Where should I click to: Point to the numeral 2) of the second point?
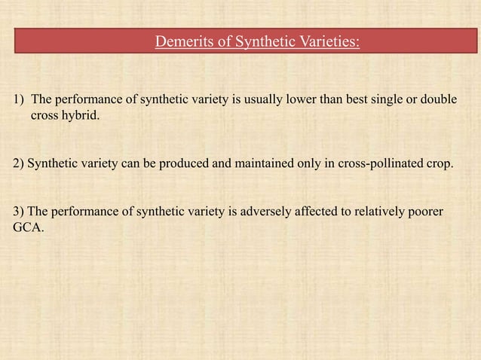(19, 163)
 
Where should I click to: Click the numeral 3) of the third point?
(19, 212)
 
